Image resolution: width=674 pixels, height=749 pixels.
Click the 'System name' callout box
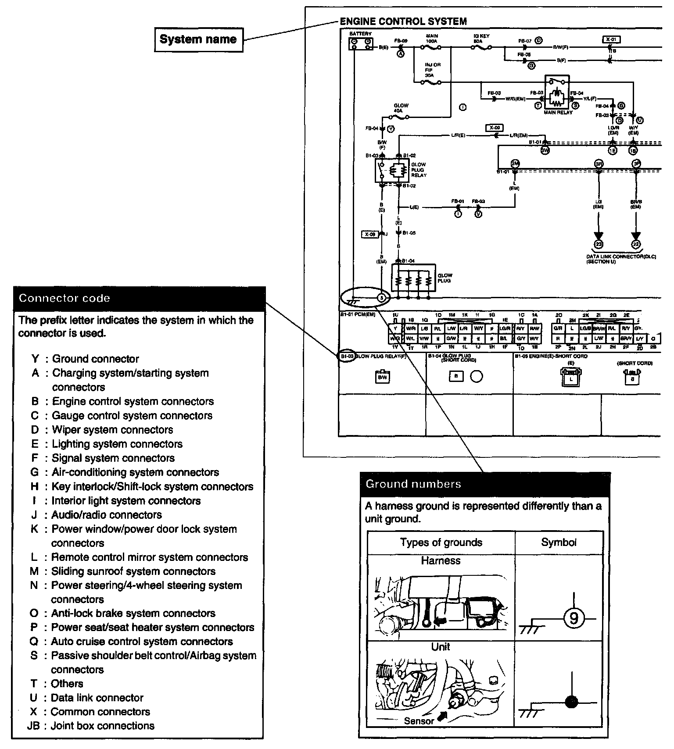point(198,39)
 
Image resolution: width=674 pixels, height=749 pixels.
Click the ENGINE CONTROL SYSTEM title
point(403,21)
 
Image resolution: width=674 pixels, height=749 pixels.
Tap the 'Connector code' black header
point(139,299)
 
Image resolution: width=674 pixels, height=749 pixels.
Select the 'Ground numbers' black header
point(484,484)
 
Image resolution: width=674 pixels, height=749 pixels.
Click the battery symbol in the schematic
point(361,43)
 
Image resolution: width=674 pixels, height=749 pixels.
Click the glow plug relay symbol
point(392,170)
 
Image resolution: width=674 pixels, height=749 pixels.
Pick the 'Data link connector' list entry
point(97,698)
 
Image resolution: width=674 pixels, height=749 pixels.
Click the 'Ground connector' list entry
point(95,359)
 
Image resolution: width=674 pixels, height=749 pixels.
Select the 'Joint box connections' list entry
point(102,726)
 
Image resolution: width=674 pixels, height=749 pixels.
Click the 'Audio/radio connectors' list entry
point(107,515)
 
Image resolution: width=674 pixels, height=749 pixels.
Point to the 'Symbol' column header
point(559,542)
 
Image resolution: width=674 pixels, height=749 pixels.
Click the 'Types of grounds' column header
point(441,542)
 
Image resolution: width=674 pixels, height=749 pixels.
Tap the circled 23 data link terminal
point(599,245)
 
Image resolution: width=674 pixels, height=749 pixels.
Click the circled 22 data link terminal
point(636,245)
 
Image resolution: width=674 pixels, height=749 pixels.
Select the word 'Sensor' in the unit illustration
point(419,720)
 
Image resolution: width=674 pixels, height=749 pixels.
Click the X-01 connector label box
point(611,39)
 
